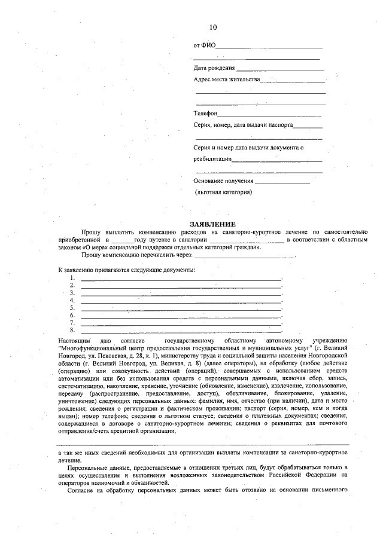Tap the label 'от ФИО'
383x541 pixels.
tap(204, 45)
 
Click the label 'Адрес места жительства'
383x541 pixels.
tap(227, 80)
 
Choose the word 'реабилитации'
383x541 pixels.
tap(212, 159)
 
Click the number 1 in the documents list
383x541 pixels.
tap(72, 278)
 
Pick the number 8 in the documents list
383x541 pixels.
tap(72, 329)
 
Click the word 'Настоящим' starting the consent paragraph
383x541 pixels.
tap(72, 340)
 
